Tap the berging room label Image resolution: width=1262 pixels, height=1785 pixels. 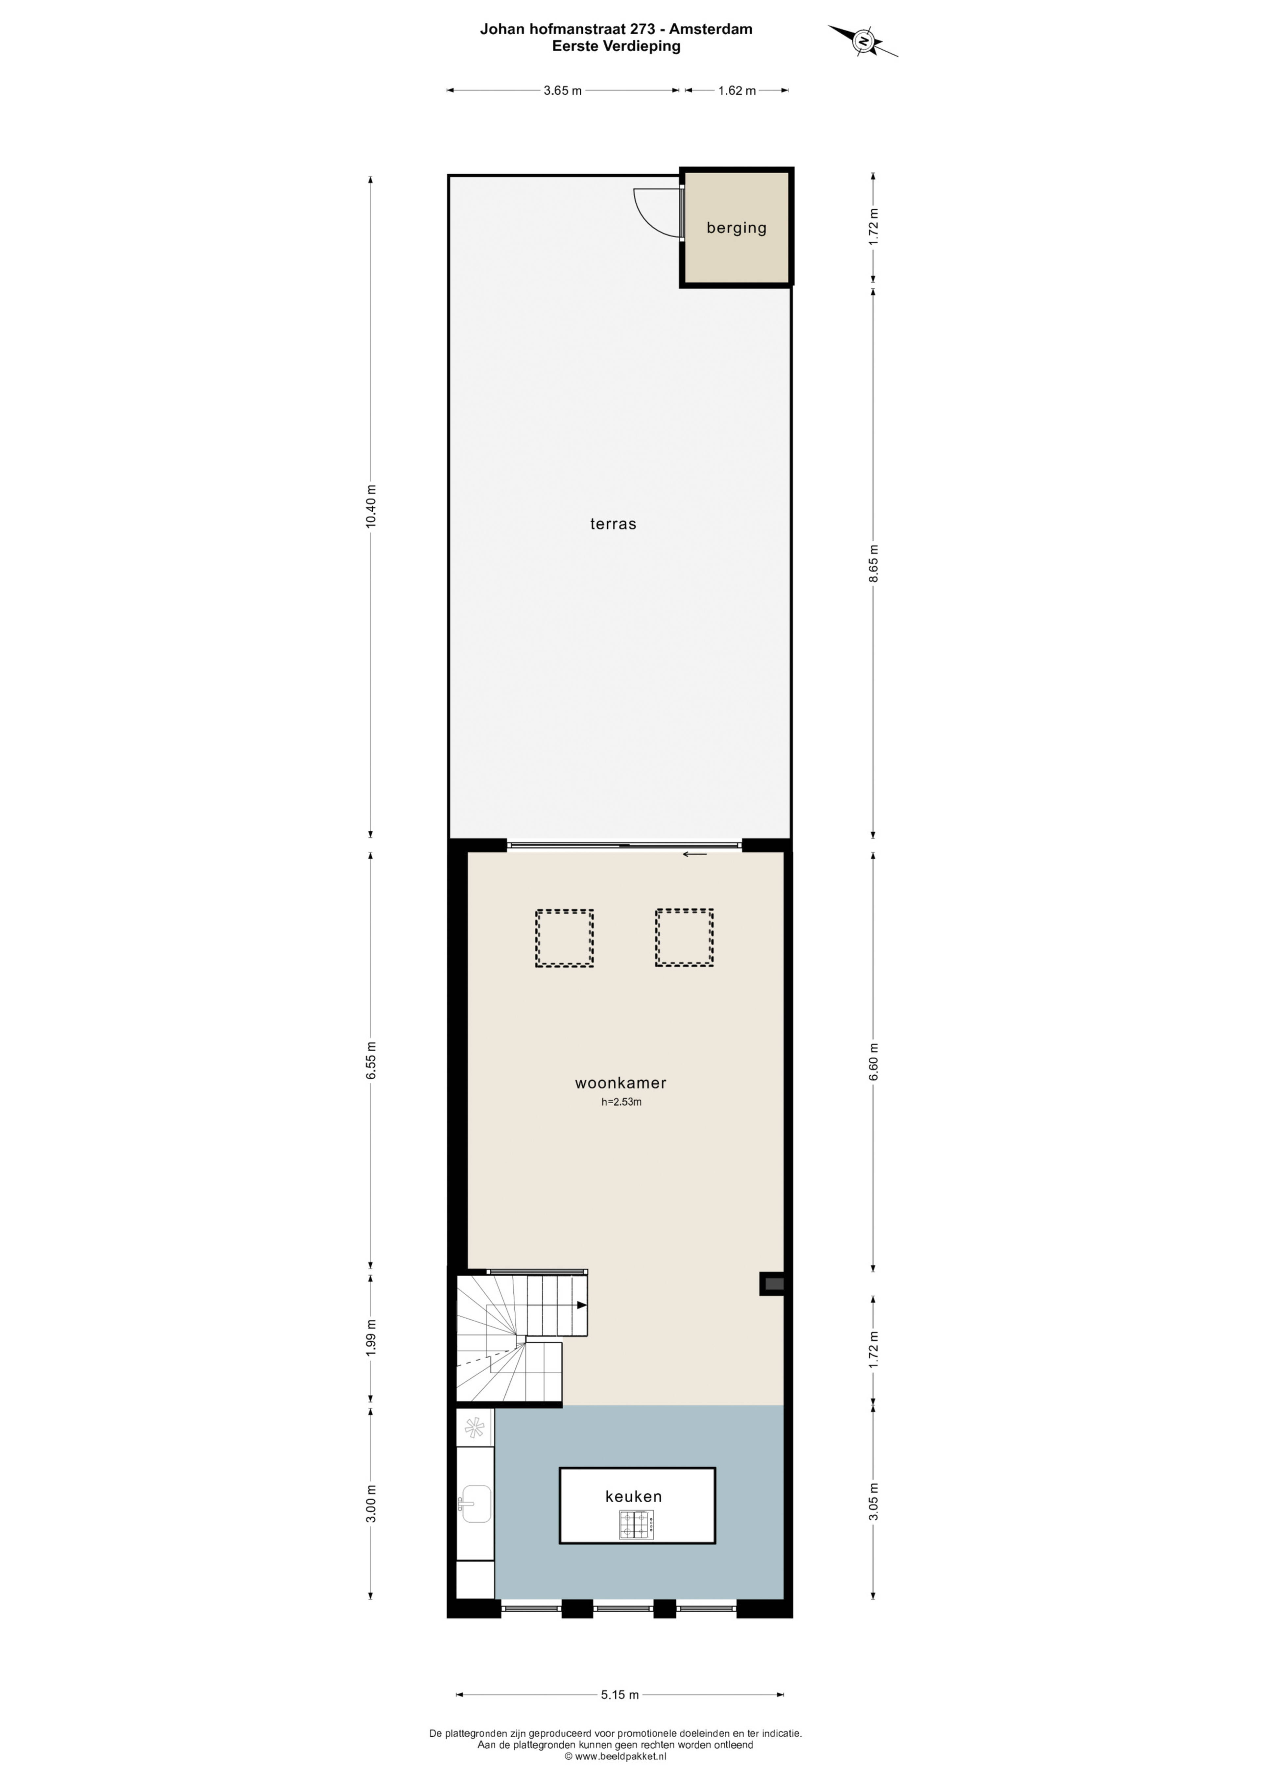point(736,228)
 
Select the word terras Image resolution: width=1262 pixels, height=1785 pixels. point(613,524)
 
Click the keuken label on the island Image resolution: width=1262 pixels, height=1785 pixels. point(633,1496)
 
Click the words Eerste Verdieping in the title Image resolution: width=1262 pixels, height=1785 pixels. point(616,46)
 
